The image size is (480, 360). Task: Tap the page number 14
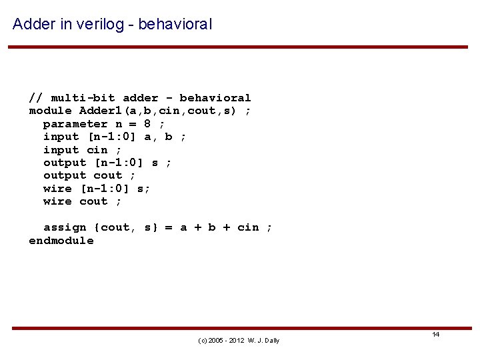[x=435, y=334]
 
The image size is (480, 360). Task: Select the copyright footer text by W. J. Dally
[x=239, y=341]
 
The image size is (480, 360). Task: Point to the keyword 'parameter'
[x=75, y=124]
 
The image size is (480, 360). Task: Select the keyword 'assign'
[x=65, y=227]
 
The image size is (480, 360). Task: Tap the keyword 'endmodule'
[x=61, y=241]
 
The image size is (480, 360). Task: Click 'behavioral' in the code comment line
[x=215, y=98]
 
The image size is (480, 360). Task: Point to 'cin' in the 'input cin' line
[x=97, y=150]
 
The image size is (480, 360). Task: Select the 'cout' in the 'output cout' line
[x=108, y=175]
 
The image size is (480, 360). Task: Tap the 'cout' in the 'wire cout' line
[x=93, y=201]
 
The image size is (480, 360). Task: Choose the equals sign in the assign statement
[x=169, y=227]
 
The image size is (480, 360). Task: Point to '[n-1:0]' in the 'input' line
[x=112, y=137]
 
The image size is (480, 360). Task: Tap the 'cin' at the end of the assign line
[x=248, y=227]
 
